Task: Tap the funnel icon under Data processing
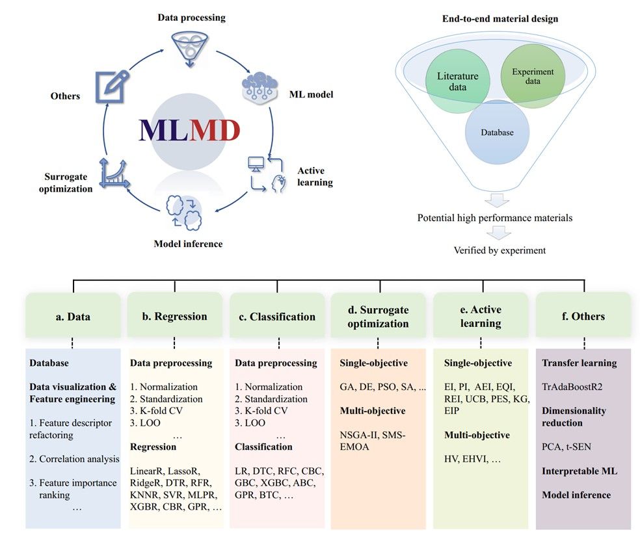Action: tap(189, 47)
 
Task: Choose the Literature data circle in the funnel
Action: tap(457, 82)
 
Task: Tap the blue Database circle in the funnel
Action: tap(497, 133)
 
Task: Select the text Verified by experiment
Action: tap(500, 250)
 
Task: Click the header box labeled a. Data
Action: tap(73, 317)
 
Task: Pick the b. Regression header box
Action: tap(175, 317)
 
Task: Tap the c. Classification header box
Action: tap(277, 317)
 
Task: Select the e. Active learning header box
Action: tap(481, 317)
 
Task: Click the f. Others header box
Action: tap(583, 317)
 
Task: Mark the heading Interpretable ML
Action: tap(580, 471)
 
